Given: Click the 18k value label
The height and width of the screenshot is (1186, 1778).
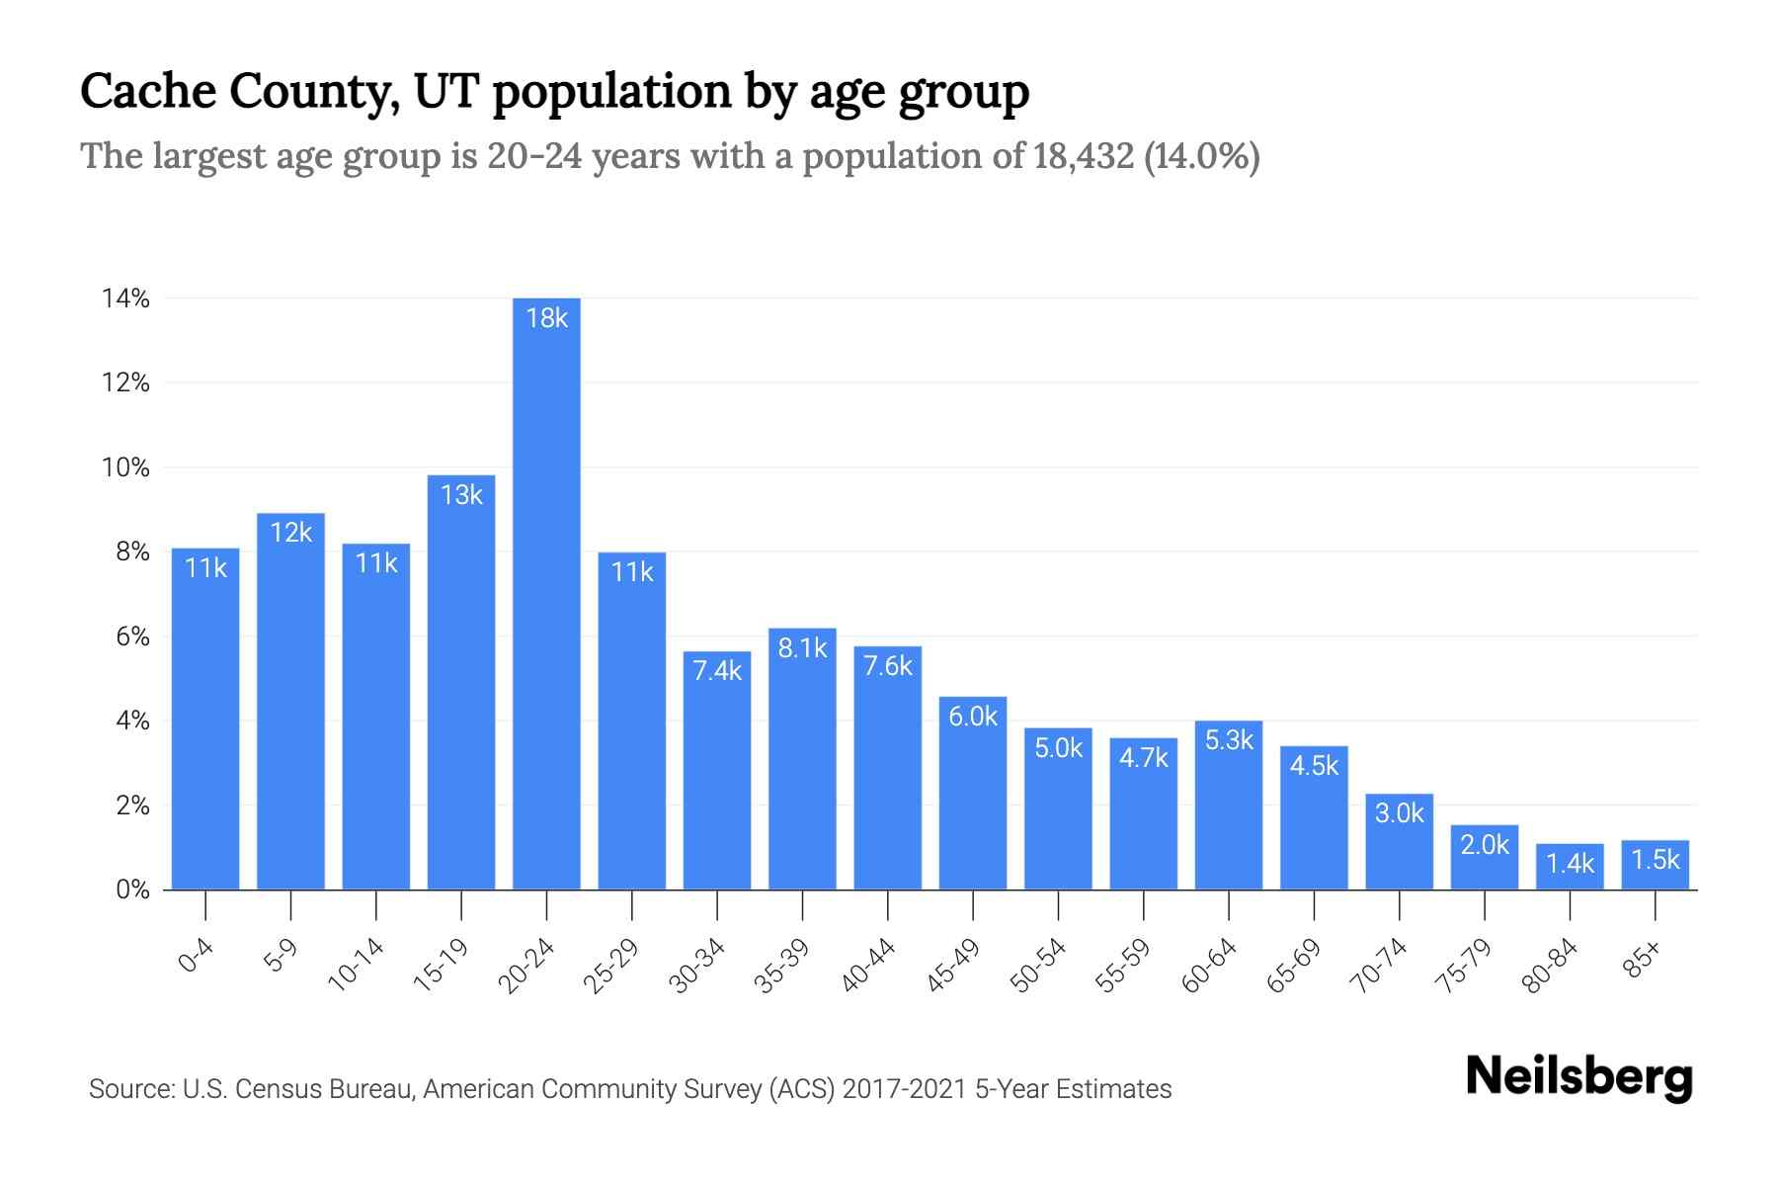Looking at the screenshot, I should tap(546, 318).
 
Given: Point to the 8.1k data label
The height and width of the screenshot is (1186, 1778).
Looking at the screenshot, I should tap(802, 648).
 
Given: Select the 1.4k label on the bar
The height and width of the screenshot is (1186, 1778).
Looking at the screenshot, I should tap(1570, 864).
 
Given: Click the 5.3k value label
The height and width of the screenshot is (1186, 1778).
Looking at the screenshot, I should tap(1229, 740).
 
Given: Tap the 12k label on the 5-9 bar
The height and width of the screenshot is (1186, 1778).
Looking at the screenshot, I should tap(290, 533).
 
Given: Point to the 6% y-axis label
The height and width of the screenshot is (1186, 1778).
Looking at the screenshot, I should tap(132, 636).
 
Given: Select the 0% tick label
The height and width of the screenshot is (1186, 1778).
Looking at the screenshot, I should tap(132, 889).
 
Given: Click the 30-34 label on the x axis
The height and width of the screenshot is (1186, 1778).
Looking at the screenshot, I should tap(697, 965).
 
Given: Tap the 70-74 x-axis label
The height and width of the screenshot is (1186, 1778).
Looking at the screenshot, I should tap(1379, 965).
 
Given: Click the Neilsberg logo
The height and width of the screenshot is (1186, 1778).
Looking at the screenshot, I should tap(1578, 1077).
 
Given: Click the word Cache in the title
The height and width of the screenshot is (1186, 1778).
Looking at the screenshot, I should tap(146, 91).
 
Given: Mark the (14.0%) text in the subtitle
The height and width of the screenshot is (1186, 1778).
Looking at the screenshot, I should tap(1201, 156).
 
